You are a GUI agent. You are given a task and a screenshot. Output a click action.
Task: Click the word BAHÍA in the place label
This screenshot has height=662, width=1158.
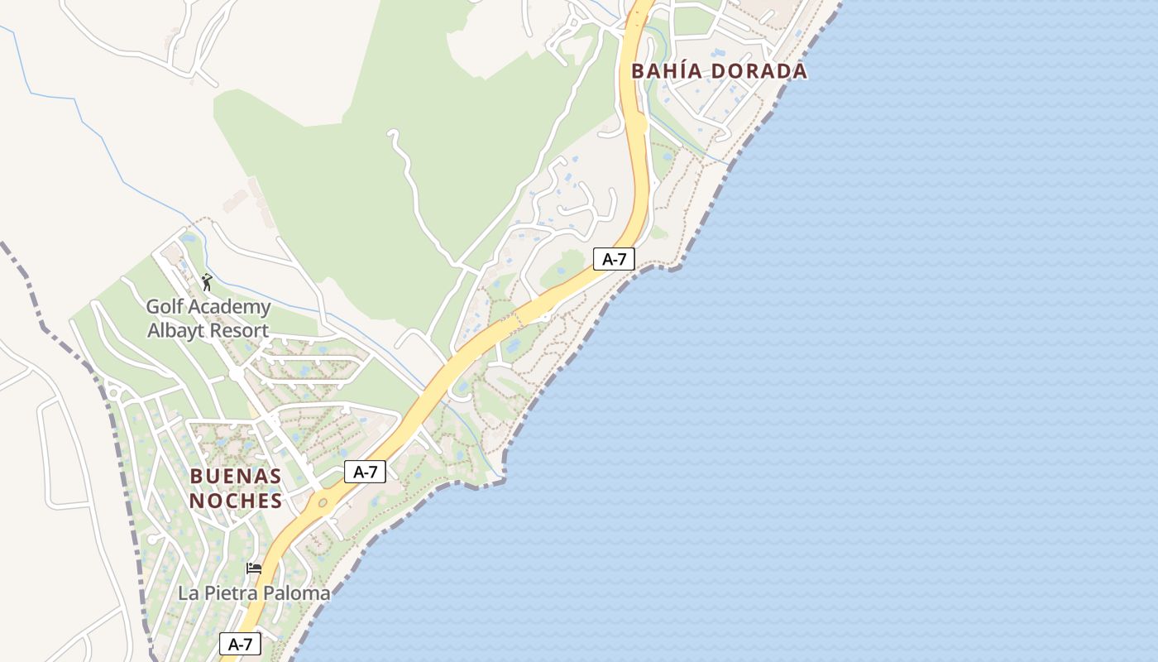[x=668, y=71]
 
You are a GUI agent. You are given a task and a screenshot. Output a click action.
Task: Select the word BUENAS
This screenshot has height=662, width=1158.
[x=236, y=477]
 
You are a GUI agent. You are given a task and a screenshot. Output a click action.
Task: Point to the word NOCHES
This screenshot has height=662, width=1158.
[x=236, y=501]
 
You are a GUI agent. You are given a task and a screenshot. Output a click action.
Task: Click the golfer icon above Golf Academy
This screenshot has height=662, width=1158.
[x=207, y=282]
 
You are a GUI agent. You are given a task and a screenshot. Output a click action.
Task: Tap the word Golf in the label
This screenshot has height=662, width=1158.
[x=164, y=307]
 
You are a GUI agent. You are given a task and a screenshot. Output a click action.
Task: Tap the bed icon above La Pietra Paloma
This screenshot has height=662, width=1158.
[x=254, y=568]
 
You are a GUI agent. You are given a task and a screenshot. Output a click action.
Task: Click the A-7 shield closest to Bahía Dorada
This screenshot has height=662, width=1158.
[x=614, y=259]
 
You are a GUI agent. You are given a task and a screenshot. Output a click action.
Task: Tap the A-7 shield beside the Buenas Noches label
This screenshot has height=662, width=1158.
[x=365, y=472]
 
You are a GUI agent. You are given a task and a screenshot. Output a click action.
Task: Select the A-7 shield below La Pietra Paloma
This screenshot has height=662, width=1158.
[x=240, y=644]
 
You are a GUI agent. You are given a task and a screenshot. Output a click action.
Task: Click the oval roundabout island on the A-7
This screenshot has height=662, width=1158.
[x=323, y=501]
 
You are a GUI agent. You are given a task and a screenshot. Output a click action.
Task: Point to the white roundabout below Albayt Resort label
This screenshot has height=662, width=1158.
[x=237, y=375]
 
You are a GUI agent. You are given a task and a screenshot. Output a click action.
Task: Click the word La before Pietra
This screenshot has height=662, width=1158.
[x=189, y=593]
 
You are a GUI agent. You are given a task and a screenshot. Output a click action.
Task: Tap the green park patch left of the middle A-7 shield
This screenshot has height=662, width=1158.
[x=564, y=267]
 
